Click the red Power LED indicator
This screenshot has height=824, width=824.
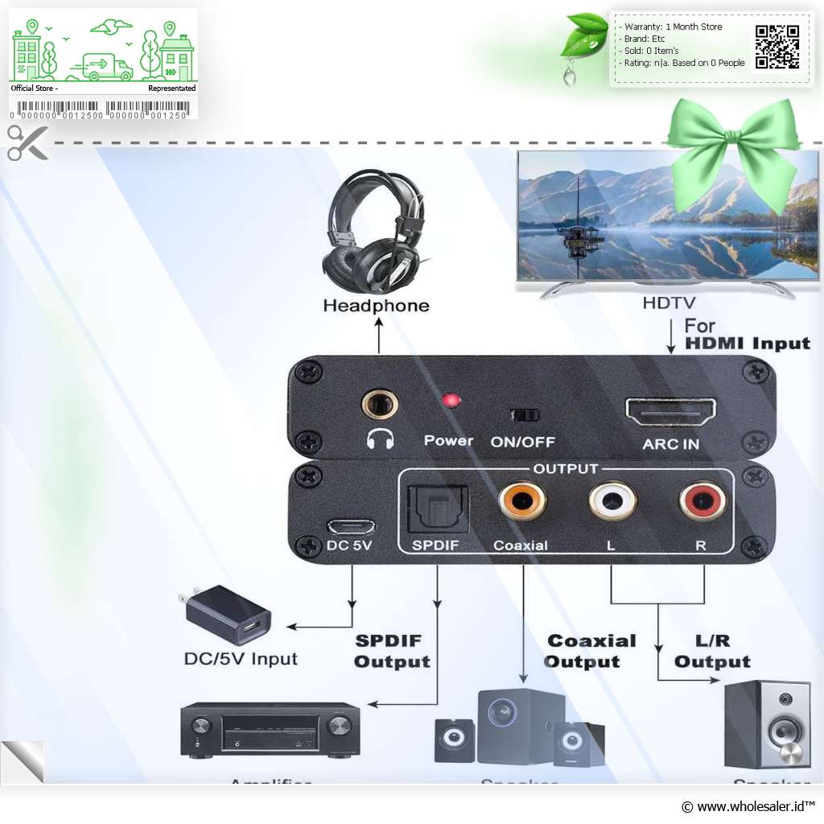coord(452,400)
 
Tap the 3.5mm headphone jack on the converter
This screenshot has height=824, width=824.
coord(380,402)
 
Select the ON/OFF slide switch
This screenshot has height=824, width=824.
coord(525,415)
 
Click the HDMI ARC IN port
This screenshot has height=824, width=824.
coord(670,412)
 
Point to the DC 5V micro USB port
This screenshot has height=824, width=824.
coord(351,526)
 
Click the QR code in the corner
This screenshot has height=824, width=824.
coord(777,47)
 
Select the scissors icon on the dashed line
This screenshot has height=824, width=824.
coord(27,142)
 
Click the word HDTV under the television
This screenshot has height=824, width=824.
coord(669,303)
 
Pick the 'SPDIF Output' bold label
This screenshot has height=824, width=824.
coord(392,651)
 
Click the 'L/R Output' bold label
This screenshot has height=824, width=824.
coord(712,651)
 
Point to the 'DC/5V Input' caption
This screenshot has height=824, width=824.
coord(241,659)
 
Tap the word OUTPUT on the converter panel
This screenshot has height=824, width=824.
coord(566,468)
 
